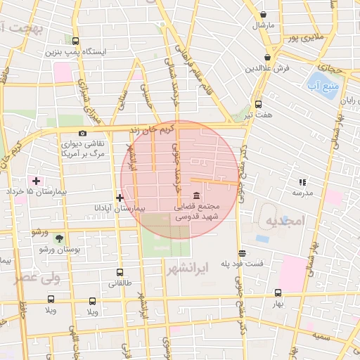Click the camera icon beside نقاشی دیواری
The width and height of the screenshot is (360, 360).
pyautogui.click(x=83, y=134)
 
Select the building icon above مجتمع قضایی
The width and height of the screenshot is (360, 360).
pyautogui.click(x=195, y=195)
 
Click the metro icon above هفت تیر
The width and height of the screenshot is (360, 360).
pyautogui.click(x=258, y=103)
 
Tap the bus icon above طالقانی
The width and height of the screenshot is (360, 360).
pyautogui.click(x=120, y=272)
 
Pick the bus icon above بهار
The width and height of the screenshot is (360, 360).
pyautogui.click(x=278, y=293)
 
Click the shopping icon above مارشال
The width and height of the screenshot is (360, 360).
pyautogui.click(x=263, y=14)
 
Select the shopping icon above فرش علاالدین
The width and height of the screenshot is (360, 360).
pyautogui.click(x=267, y=58)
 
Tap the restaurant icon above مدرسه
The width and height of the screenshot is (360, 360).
pyautogui.click(x=303, y=181)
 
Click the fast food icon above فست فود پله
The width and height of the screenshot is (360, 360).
pyautogui.click(x=242, y=253)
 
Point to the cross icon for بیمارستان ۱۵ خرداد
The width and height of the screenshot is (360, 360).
pyautogui.click(x=36, y=181)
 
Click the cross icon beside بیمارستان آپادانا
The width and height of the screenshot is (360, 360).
pyautogui.click(x=120, y=198)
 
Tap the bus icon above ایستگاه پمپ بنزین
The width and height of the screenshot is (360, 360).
pyautogui.click(x=76, y=41)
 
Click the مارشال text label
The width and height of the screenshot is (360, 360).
pyautogui.click(x=263, y=25)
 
